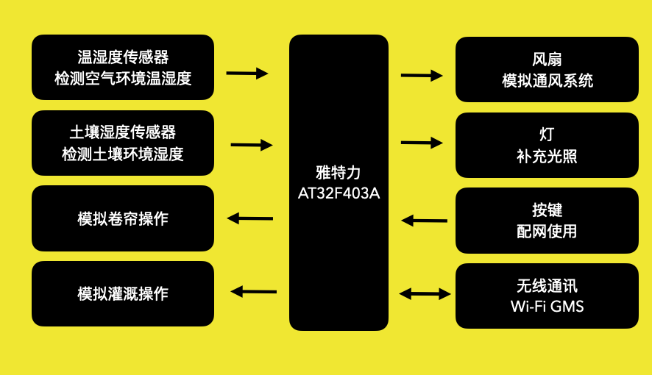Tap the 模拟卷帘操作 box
click(x=123, y=218)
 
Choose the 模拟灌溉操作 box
click(x=123, y=293)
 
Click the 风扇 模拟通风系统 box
click(x=547, y=69)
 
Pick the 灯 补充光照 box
click(x=547, y=145)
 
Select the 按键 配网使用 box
click(x=547, y=220)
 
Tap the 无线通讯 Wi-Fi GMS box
click(x=547, y=296)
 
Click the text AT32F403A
click(x=339, y=194)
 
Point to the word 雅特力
click(x=339, y=174)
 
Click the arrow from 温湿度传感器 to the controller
click(x=247, y=73)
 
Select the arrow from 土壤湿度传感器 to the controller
click(x=252, y=145)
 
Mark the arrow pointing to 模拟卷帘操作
click(x=250, y=218)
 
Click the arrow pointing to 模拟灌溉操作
click(x=253, y=291)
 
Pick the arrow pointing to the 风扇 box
click(x=422, y=75)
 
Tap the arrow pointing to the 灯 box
click(x=422, y=143)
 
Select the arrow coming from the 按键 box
click(x=424, y=220)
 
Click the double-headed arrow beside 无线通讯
click(x=425, y=294)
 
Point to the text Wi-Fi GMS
click(x=547, y=306)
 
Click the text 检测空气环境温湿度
click(x=123, y=79)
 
